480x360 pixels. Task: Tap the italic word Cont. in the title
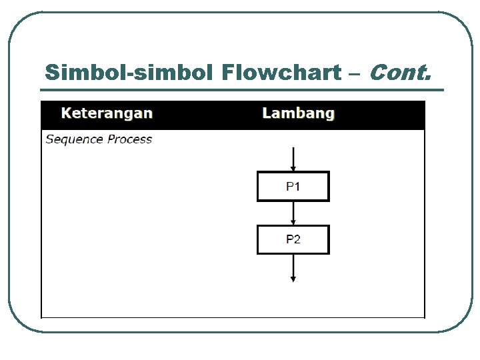click(x=399, y=72)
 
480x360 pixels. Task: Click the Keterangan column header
click(x=107, y=113)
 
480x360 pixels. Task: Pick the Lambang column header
click(x=298, y=113)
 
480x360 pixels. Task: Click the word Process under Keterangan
click(x=130, y=139)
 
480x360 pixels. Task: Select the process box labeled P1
click(x=293, y=187)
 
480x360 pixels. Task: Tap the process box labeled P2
click(x=293, y=240)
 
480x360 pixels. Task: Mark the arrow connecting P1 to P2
click(x=293, y=213)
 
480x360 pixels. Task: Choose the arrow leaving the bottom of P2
click(x=293, y=267)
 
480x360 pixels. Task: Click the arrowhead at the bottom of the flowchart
click(x=293, y=278)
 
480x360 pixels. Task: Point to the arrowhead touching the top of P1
click(x=293, y=169)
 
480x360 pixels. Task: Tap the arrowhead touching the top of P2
click(x=293, y=222)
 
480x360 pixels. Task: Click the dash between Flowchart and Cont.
click(x=353, y=73)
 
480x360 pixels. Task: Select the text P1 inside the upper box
click(x=293, y=187)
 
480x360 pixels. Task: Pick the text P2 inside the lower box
click(x=293, y=240)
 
